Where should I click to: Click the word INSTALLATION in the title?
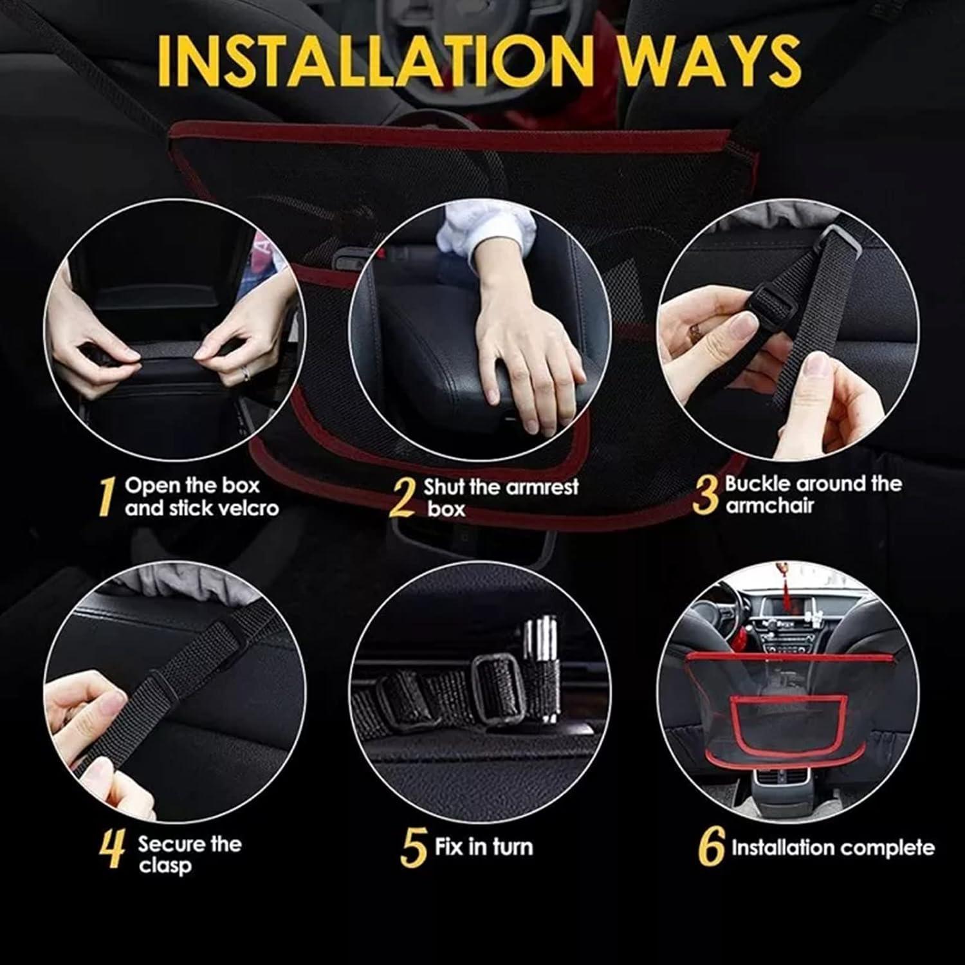click(374, 59)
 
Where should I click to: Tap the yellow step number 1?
click(106, 497)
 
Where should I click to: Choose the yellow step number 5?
click(414, 848)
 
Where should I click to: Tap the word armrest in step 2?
click(542, 487)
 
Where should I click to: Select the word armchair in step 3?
click(769, 506)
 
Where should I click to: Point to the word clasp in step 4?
click(165, 866)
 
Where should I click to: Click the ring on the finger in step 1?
click(244, 374)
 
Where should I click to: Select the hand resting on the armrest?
click(528, 360)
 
